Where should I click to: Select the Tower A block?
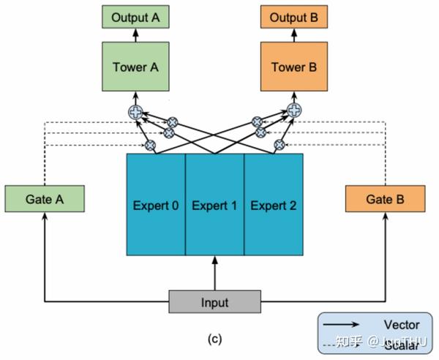point(135,67)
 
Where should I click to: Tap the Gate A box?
point(45,198)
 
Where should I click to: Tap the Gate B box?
point(385,198)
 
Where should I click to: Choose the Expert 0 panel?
point(156,205)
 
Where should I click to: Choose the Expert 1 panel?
point(214,205)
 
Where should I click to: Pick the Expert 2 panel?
point(273,205)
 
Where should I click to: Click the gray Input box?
point(214,302)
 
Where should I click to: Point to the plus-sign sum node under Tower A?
point(135,112)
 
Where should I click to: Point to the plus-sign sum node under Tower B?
point(294,111)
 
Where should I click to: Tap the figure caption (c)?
point(214,339)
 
